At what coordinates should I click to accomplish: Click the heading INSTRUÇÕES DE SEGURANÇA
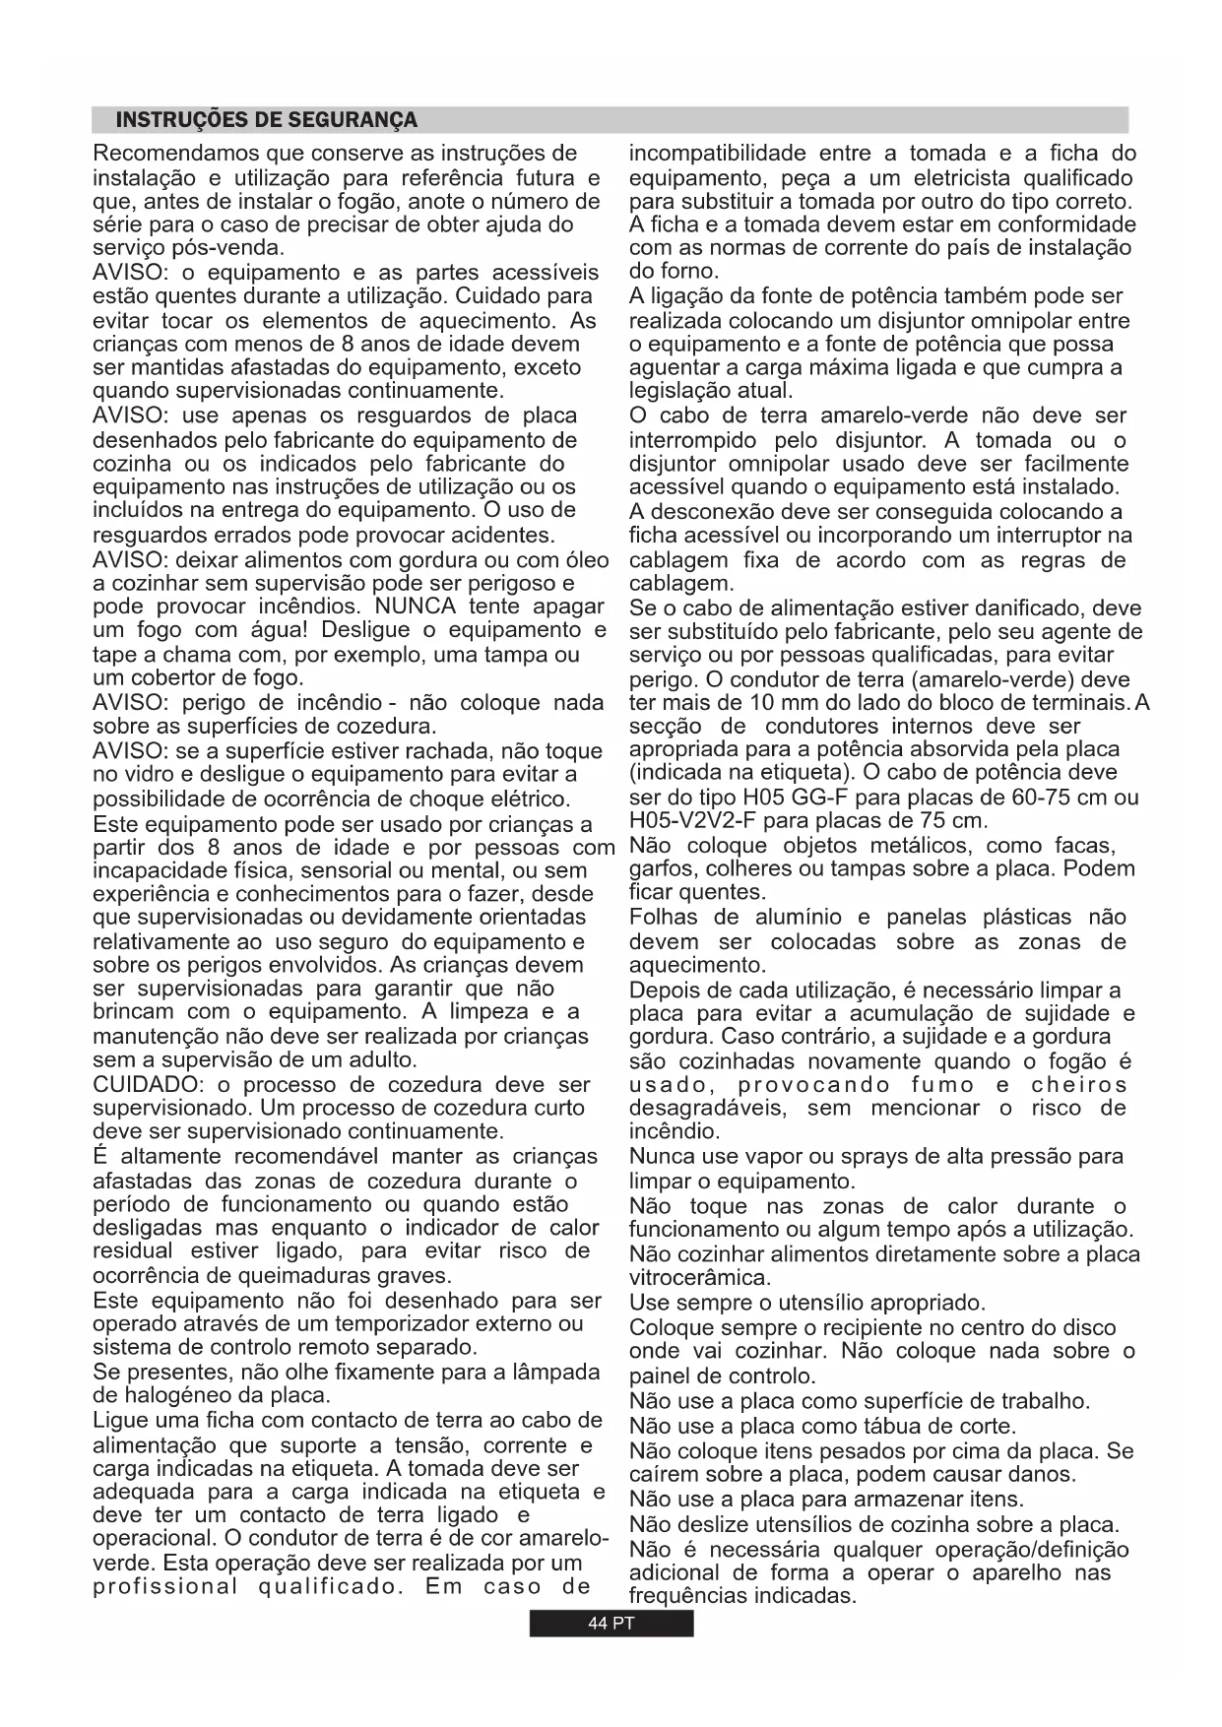tap(266, 120)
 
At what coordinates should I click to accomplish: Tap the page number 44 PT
tap(611, 1624)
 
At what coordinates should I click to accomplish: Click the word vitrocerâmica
tap(699, 1278)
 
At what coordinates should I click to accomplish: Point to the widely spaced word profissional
tap(165, 1586)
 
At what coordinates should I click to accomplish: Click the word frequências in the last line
tap(687, 1595)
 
